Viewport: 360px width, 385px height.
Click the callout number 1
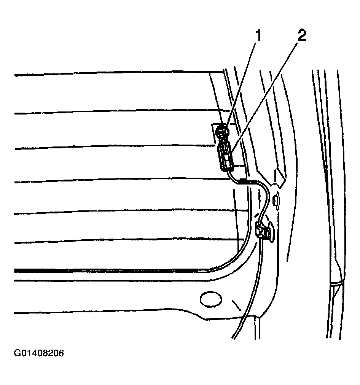[258, 36]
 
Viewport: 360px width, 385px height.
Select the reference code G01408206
[39, 353]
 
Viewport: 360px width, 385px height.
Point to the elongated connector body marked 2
[225, 157]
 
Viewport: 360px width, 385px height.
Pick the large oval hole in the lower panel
[211, 299]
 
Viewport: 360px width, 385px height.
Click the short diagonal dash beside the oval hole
[237, 305]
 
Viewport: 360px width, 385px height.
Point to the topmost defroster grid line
[119, 73]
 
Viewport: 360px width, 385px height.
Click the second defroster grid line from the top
[122, 112]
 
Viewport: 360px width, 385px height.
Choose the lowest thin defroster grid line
[129, 241]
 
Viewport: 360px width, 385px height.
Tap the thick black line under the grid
[110, 270]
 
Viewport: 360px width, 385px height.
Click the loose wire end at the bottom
[233, 338]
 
